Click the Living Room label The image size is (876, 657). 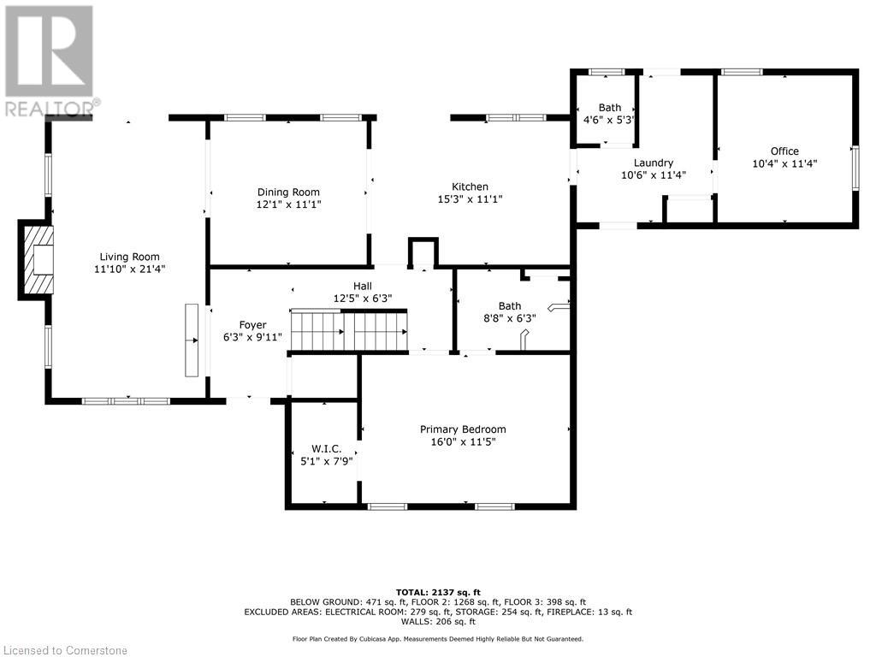point(129,257)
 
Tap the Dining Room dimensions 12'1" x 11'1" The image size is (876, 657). point(288,205)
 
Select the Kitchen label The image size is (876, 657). point(470,186)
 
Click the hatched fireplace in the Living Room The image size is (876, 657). point(38,260)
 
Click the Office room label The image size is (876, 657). point(784,151)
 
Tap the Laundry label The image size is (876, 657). point(653,163)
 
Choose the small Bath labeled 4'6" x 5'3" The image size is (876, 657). point(609,114)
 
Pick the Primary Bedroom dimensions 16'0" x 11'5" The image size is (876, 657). point(462,442)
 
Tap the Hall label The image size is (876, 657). point(364,287)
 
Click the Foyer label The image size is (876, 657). point(252,325)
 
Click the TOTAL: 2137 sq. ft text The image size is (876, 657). point(438,592)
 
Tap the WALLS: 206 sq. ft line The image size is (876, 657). point(438,622)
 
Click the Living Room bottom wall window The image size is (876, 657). point(126,400)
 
